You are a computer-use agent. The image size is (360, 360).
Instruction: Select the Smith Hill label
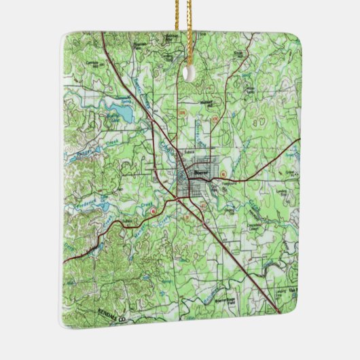257,52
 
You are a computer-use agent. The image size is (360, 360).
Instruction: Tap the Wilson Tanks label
251,90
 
